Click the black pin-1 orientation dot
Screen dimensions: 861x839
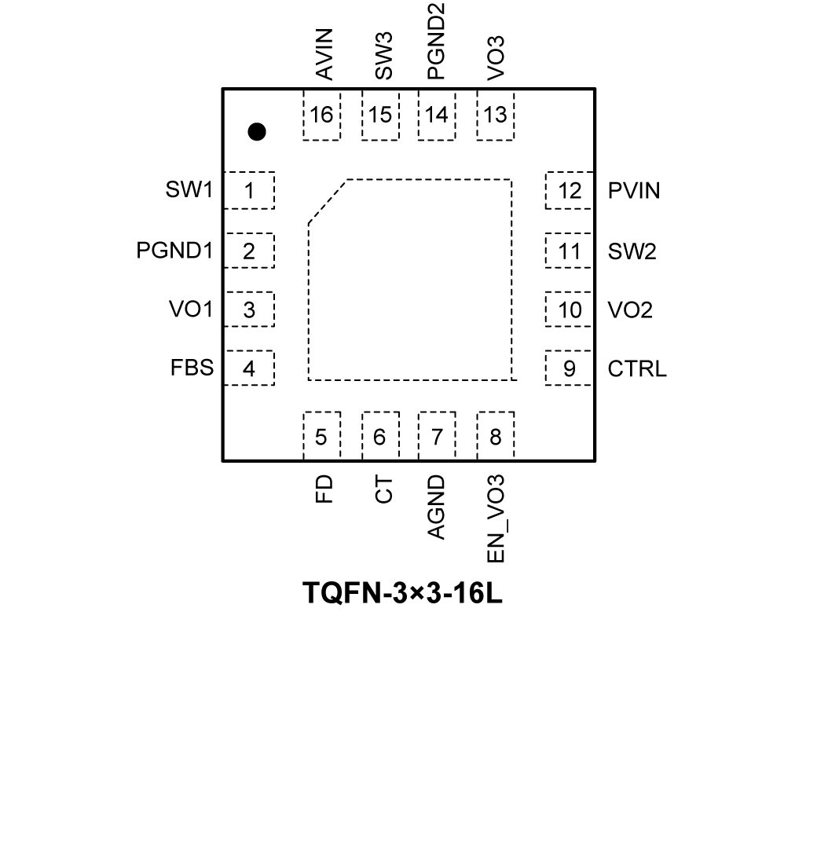pos(256,132)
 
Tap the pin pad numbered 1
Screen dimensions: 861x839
pos(249,191)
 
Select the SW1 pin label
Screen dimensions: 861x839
pos(189,191)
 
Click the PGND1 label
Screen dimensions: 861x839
pos(174,251)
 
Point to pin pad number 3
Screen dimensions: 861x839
pos(249,310)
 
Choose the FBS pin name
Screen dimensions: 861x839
pos(192,368)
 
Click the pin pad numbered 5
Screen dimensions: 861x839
pos(321,437)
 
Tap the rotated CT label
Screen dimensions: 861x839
pos(383,489)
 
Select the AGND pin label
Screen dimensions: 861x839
pos(437,507)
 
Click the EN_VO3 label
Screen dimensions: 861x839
pos(496,518)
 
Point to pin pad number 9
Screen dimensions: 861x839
pos(569,368)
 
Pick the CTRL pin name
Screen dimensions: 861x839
pos(637,368)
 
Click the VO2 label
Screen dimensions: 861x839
pos(630,310)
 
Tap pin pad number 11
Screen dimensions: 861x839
pos(569,251)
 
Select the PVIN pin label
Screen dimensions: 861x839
pos(634,191)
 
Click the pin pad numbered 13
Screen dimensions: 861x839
pos(496,115)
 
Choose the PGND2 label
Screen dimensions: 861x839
pos(437,41)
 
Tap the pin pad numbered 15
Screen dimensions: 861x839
pos(380,115)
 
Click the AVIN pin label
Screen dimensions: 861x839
pos(324,53)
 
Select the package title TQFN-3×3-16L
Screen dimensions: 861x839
pos(402,593)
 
